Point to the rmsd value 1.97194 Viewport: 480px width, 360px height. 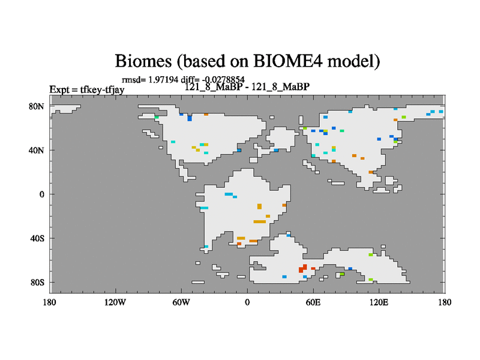163,80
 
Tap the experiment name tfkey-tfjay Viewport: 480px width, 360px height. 102,89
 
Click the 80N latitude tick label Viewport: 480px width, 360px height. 37,106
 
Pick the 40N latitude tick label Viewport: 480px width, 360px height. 37,151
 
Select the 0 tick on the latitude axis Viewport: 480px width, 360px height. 41,194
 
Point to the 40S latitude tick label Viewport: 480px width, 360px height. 37,238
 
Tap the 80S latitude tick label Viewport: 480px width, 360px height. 37,282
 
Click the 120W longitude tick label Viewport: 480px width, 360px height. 115,302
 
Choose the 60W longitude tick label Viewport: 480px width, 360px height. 181,302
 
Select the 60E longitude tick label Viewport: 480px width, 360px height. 313,302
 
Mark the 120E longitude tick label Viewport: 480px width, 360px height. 379,302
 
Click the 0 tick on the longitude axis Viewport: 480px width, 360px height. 247,302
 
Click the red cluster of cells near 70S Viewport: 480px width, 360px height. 303,268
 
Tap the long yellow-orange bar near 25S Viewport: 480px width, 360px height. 260,221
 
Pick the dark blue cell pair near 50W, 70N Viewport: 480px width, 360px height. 190,118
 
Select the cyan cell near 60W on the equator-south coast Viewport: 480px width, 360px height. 204,208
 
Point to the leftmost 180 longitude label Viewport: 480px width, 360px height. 49,302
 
